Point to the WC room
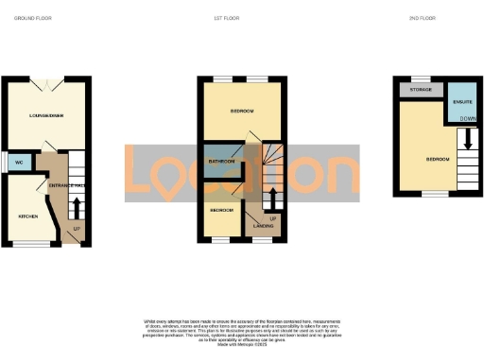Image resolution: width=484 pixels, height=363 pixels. pos(18,162)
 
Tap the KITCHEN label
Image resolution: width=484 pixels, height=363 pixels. pos(27,216)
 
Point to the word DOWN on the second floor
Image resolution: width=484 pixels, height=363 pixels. pos(468,118)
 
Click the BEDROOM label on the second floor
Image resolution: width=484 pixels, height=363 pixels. pos(437,159)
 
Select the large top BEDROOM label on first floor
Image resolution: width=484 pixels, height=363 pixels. pos(242,112)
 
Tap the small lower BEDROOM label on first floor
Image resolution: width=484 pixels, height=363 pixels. pos(222,210)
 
